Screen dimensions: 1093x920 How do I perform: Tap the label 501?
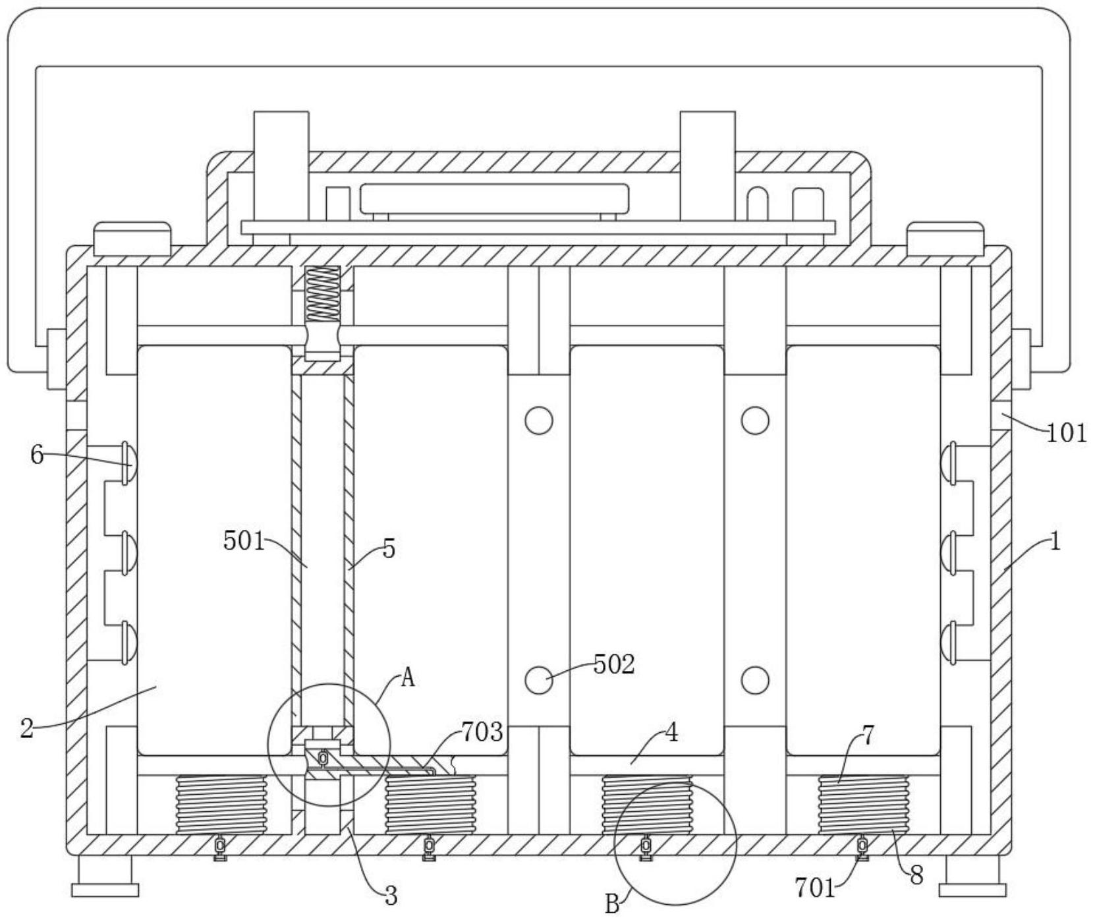click(244, 542)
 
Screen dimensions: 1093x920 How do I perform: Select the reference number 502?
click(614, 665)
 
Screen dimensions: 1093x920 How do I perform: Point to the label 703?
click(482, 732)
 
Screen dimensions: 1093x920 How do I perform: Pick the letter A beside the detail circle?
click(408, 677)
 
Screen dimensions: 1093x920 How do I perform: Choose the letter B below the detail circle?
click(612, 905)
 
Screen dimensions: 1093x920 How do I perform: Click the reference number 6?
click(37, 455)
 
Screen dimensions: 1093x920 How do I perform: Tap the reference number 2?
click(26, 729)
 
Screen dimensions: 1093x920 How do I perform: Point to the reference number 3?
click(391, 896)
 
